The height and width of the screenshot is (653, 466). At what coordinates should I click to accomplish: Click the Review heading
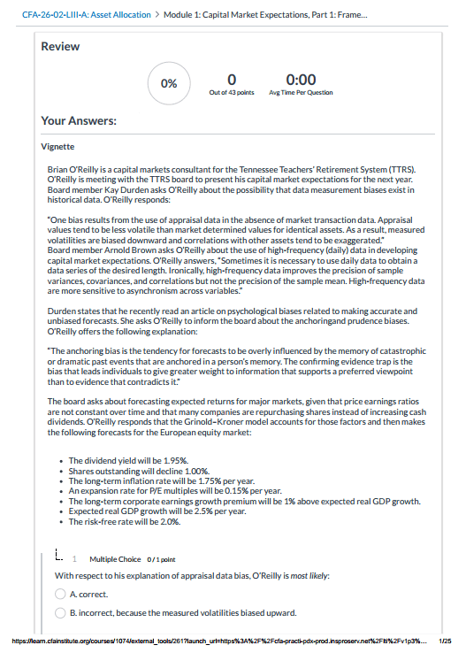tap(60, 46)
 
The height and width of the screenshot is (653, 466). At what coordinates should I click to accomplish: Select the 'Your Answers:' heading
tap(80, 121)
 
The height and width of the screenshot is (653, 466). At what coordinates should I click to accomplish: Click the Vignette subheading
tap(59, 146)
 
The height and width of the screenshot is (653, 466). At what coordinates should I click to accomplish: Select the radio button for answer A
tap(61, 594)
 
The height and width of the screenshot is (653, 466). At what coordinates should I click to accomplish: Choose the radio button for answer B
tap(61, 611)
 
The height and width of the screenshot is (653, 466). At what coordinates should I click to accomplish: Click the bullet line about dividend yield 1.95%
tap(128, 461)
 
